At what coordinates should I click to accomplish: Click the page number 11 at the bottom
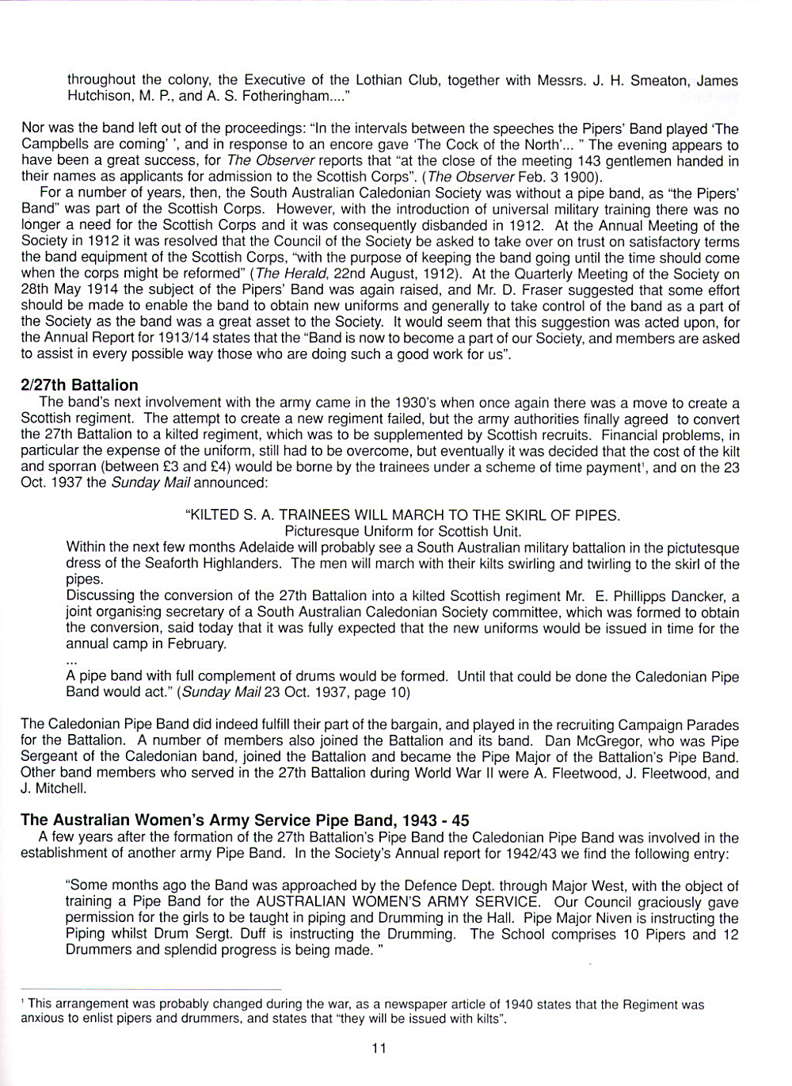point(379,1048)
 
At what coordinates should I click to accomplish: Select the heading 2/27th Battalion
point(79,385)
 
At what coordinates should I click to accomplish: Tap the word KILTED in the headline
point(213,515)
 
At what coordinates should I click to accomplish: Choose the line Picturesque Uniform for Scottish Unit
point(402,531)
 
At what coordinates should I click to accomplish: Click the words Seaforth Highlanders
point(215,564)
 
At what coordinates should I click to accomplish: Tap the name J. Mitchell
point(52,789)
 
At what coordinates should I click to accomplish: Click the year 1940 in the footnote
point(518,1004)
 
